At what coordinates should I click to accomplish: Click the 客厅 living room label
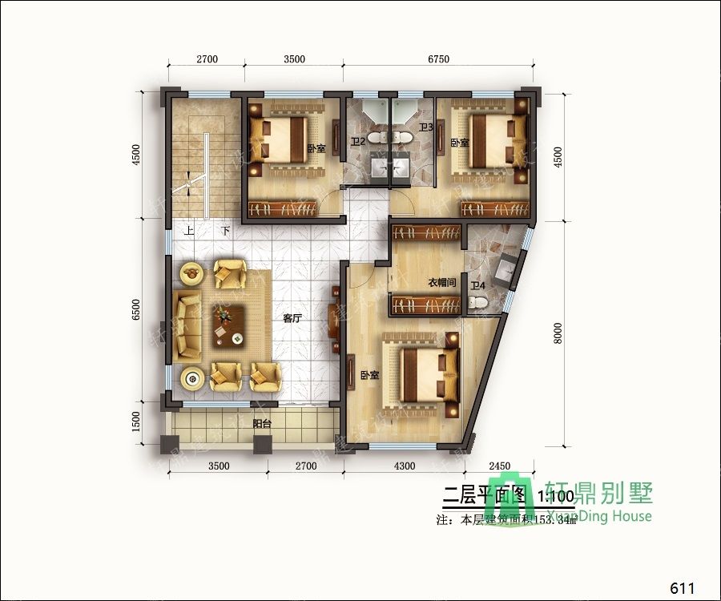point(292,318)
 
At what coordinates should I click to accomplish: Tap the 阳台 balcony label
point(261,424)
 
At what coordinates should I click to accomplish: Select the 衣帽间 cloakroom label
point(441,282)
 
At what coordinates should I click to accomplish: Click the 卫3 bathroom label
point(426,127)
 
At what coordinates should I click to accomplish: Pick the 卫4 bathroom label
point(478,285)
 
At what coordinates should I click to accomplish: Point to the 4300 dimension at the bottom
point(405,466)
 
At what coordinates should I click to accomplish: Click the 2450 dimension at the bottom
point(500,466)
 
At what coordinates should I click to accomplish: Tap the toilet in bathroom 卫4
point(477,302)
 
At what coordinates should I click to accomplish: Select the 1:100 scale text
point(555,496)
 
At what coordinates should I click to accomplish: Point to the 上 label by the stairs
point(189,231)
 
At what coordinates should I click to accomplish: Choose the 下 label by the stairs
point(226,231)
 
